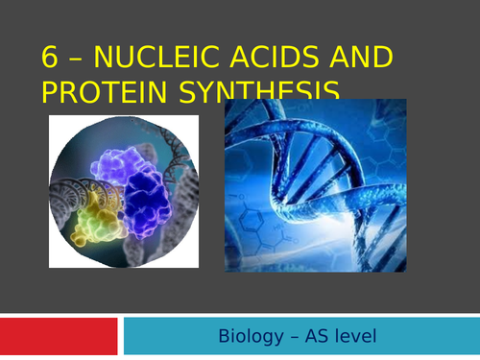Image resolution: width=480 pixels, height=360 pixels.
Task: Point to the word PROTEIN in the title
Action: coord(106,93)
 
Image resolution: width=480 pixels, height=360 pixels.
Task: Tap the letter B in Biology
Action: coord(224,337)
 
